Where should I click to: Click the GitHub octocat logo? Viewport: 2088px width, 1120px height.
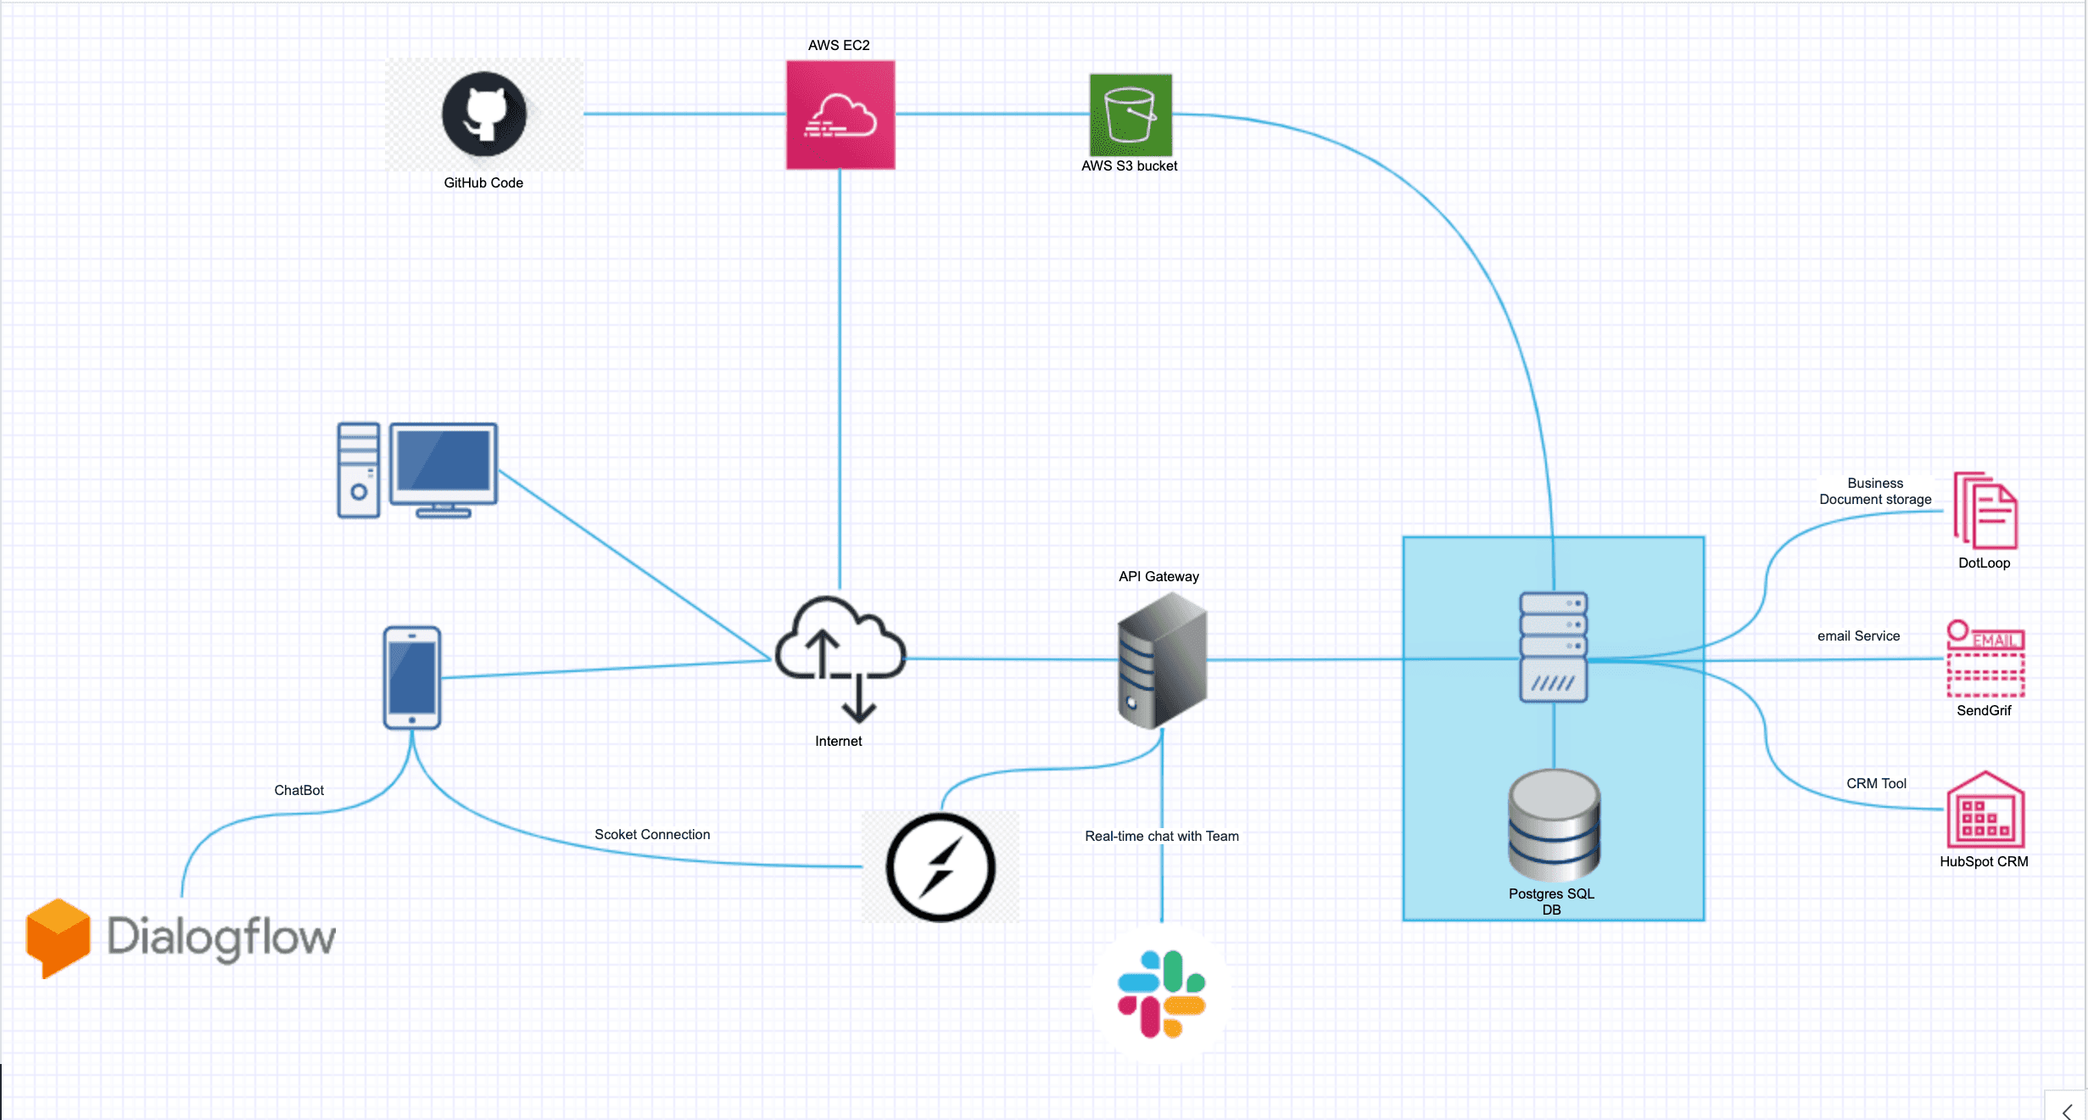pos(484,114)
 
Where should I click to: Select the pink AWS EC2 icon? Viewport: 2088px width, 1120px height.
pos(840,115)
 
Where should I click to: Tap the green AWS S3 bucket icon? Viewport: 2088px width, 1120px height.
pos(1131,115)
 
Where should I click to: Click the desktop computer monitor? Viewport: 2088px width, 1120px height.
pos(444,470)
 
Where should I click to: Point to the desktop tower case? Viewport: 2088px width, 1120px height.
pos(359,470)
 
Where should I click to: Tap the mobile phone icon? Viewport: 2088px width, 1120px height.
pos(412,678)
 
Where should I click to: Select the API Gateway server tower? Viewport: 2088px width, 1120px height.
pos(1162,660)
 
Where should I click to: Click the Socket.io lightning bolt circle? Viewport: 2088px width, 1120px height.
pos(941,867)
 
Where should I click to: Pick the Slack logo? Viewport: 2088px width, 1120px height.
pos(1162,994)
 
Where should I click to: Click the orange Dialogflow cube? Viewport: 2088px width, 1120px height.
pos(58,938)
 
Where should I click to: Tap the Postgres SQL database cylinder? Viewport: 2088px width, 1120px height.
pos(1554,825)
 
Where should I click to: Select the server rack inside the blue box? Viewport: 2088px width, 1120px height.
pos(1554,647)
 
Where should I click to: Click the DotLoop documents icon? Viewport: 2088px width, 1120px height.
pos(1985,511)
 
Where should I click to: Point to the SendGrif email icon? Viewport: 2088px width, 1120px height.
pos(1985,659)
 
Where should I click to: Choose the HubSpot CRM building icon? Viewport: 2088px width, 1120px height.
pos(1985,809)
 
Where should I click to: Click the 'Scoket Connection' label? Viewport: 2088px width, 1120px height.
pos(652,834)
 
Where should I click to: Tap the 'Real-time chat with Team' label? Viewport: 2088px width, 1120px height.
pos(1162,836)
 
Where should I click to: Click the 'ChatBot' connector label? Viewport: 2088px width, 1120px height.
pos(299,790)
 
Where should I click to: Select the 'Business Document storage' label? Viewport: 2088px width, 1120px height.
pos(1875,491)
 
